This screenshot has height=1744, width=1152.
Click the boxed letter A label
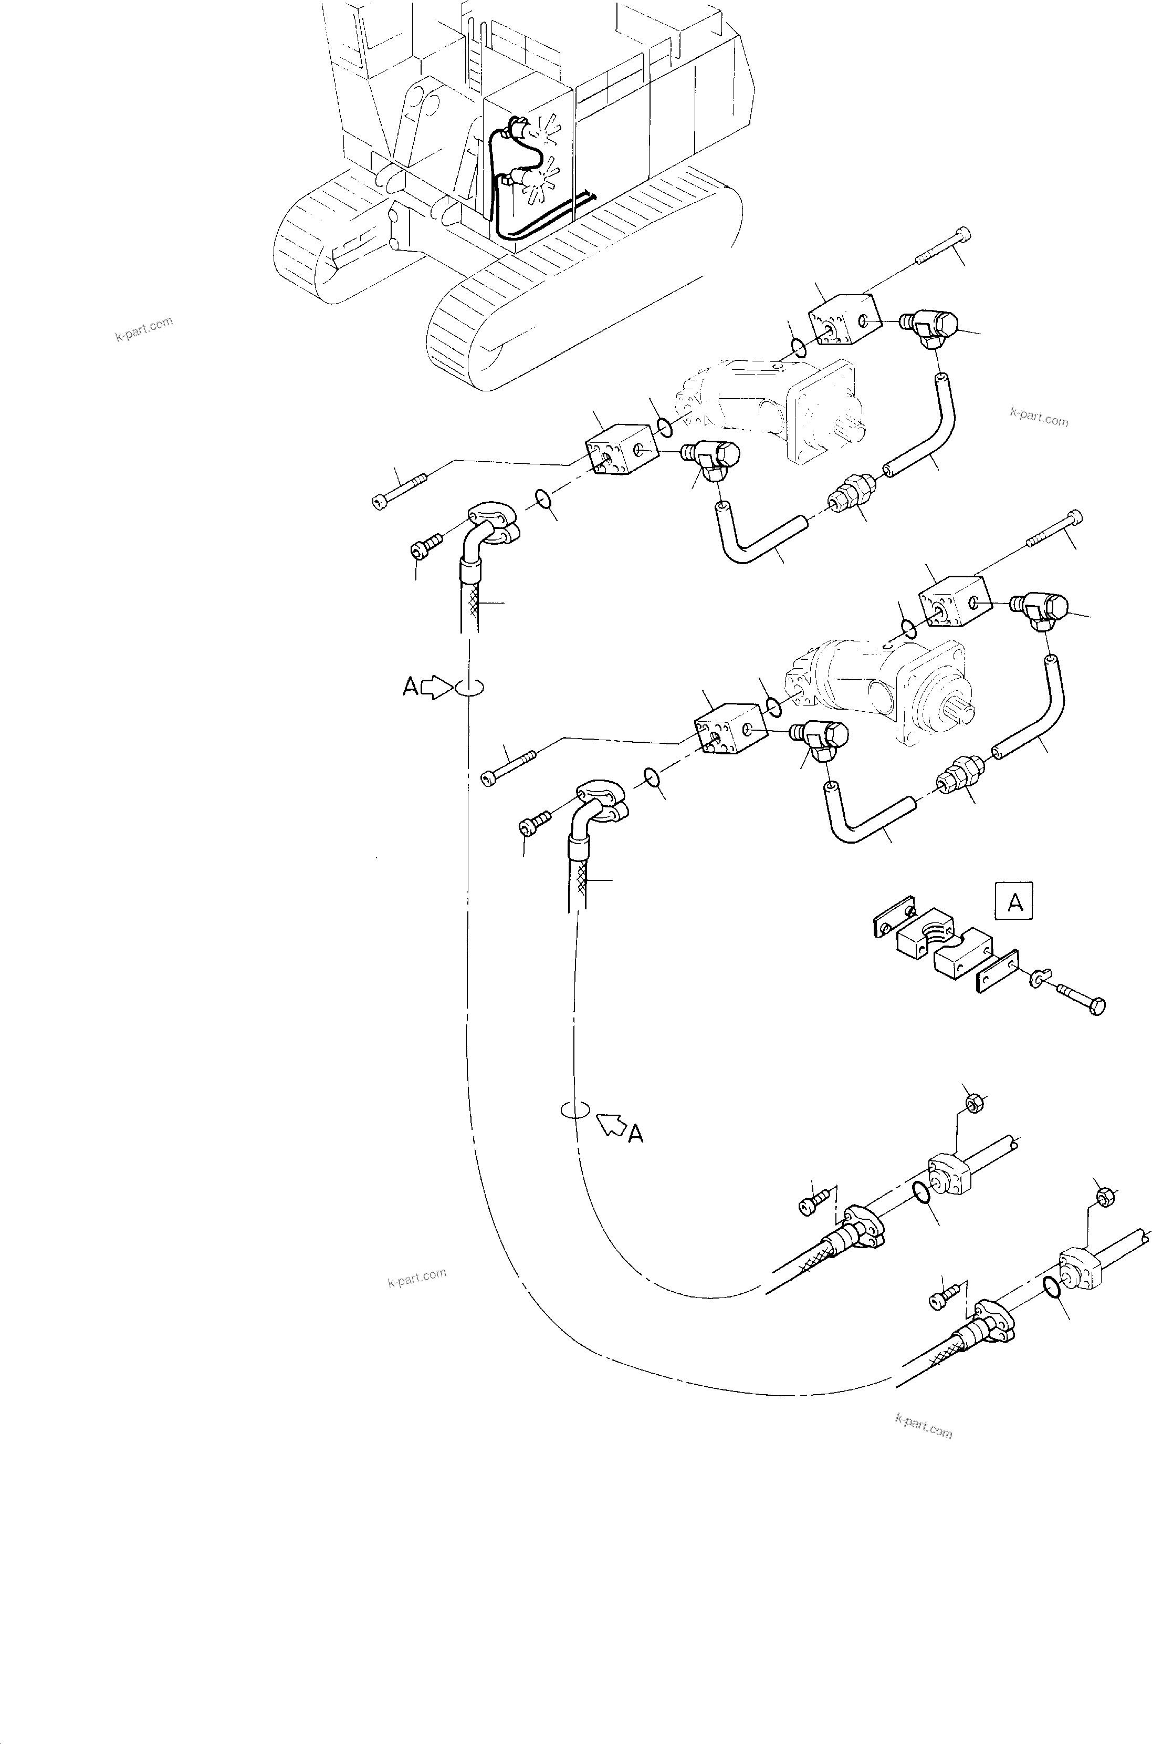pyautogui.click(x=1014, y=900)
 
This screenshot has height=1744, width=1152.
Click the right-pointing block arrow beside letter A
pyautogui.click(x=438, y=687)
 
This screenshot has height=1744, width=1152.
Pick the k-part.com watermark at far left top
pyautogui.click(x=144, y=329)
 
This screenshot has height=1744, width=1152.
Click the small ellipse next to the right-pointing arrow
pyautogui.click(x=469, y=687)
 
